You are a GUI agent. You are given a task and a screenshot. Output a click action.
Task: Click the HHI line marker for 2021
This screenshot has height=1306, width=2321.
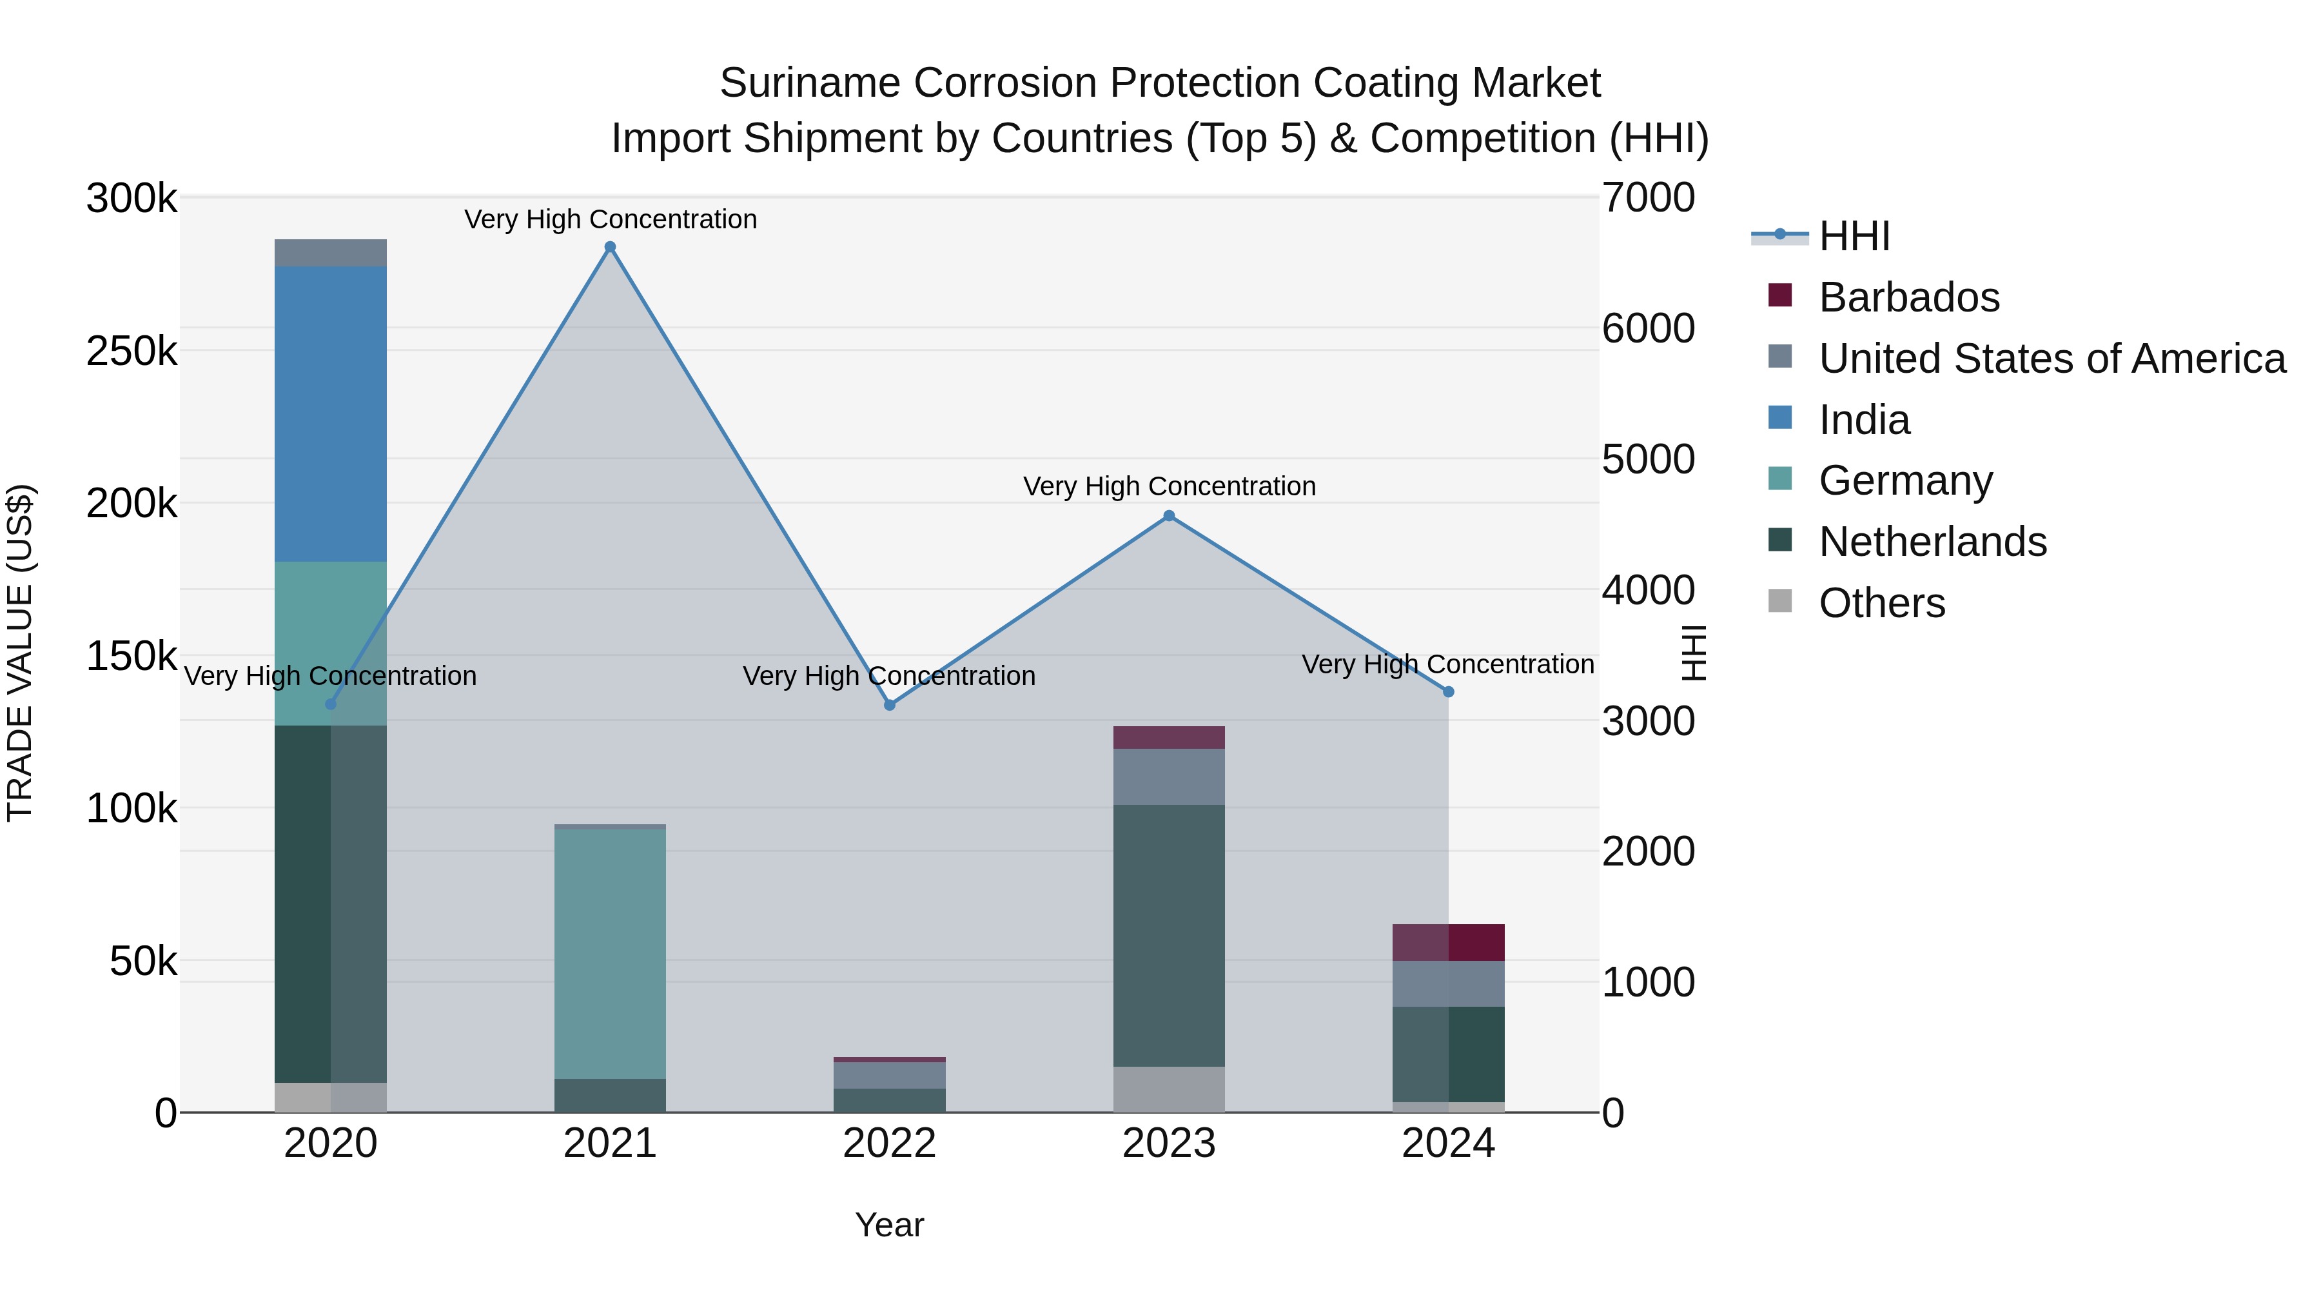tap(610, 247)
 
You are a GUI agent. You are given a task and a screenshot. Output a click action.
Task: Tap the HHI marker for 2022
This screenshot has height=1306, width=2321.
tap(889, 705)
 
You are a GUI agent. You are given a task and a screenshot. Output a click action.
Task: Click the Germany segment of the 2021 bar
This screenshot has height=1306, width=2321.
tap(610, 953)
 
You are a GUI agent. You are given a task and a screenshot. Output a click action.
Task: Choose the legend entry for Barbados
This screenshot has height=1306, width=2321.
tap(1908, 297)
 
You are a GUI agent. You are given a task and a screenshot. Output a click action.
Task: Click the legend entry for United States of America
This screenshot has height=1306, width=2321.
tap(2051, 359)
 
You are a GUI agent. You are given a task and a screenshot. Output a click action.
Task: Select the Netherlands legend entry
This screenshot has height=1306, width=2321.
tap(1932, 542)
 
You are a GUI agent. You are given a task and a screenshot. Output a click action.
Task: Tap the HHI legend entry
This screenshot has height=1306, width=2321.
tap(1854, 236)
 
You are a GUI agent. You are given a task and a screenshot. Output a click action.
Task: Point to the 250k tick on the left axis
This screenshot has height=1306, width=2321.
tap(132, 351)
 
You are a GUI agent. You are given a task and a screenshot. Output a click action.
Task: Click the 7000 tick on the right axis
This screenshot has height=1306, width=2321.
tap(1648, 198)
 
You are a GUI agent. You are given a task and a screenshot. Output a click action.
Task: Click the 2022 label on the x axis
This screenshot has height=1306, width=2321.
tap(889, 1143)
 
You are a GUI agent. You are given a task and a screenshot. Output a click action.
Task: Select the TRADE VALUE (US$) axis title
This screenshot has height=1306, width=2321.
tap(20, 653)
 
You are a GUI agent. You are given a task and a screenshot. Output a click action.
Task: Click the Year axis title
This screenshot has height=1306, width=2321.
tap(889, 1225)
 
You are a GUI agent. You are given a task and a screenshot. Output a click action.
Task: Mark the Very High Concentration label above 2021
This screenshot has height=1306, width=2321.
tap(610, 219)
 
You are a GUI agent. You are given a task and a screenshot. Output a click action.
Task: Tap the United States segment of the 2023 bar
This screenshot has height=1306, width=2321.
tap(1169, 776)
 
